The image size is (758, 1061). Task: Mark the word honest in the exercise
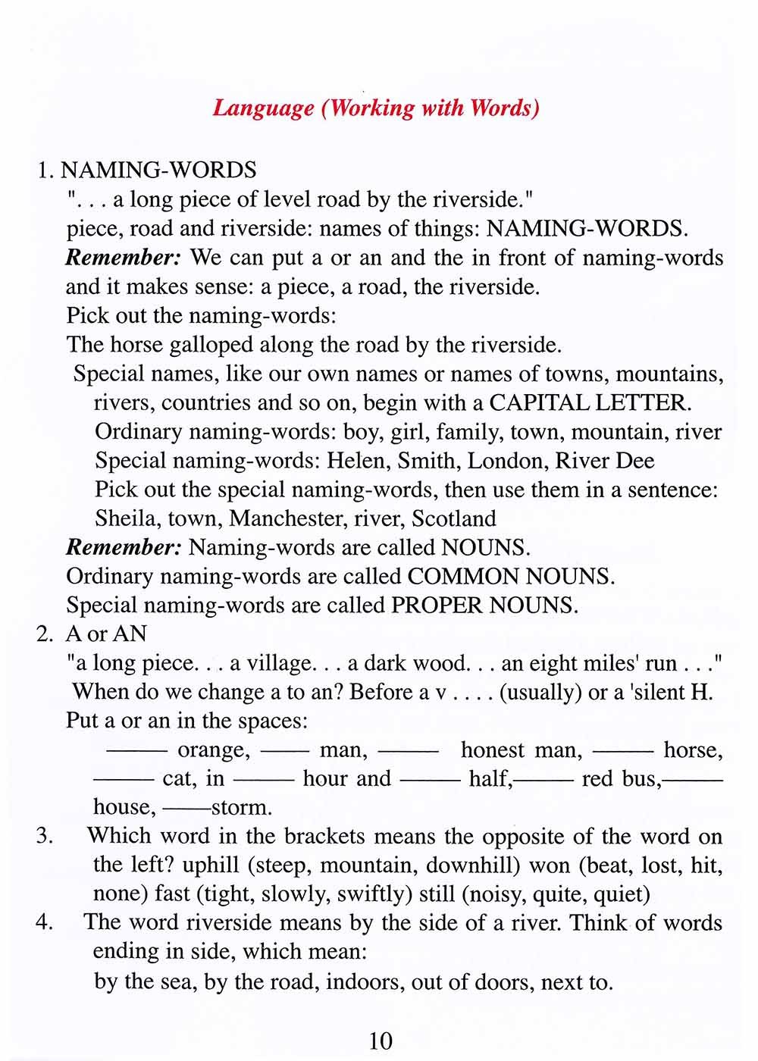492,750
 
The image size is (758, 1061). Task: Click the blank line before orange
137,750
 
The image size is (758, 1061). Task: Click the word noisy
499,894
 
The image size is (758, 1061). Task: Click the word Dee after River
635,461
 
